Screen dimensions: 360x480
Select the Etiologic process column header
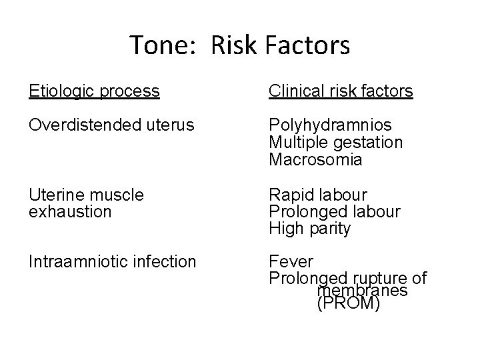click(94, 91)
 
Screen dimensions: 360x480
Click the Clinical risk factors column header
click(341, 91)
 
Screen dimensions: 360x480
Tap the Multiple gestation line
click(335, 143)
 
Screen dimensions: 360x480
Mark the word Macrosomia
click(315, 160)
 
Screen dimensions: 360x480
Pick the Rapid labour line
click(317, 195)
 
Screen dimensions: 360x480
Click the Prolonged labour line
click(334, 212)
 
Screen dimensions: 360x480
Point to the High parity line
click(309, 229)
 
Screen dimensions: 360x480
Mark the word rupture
click(376, 278)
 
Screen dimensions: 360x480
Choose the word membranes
click(362, 291)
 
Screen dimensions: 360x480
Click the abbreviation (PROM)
click(348, 305)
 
